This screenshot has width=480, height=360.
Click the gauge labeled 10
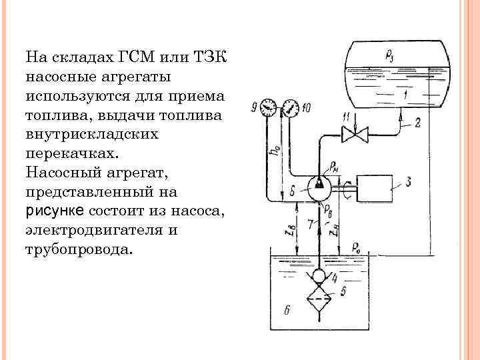tap(289, 106)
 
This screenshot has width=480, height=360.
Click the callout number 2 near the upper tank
tap(417, 122)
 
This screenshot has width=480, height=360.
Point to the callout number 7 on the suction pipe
tap(310, 225)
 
